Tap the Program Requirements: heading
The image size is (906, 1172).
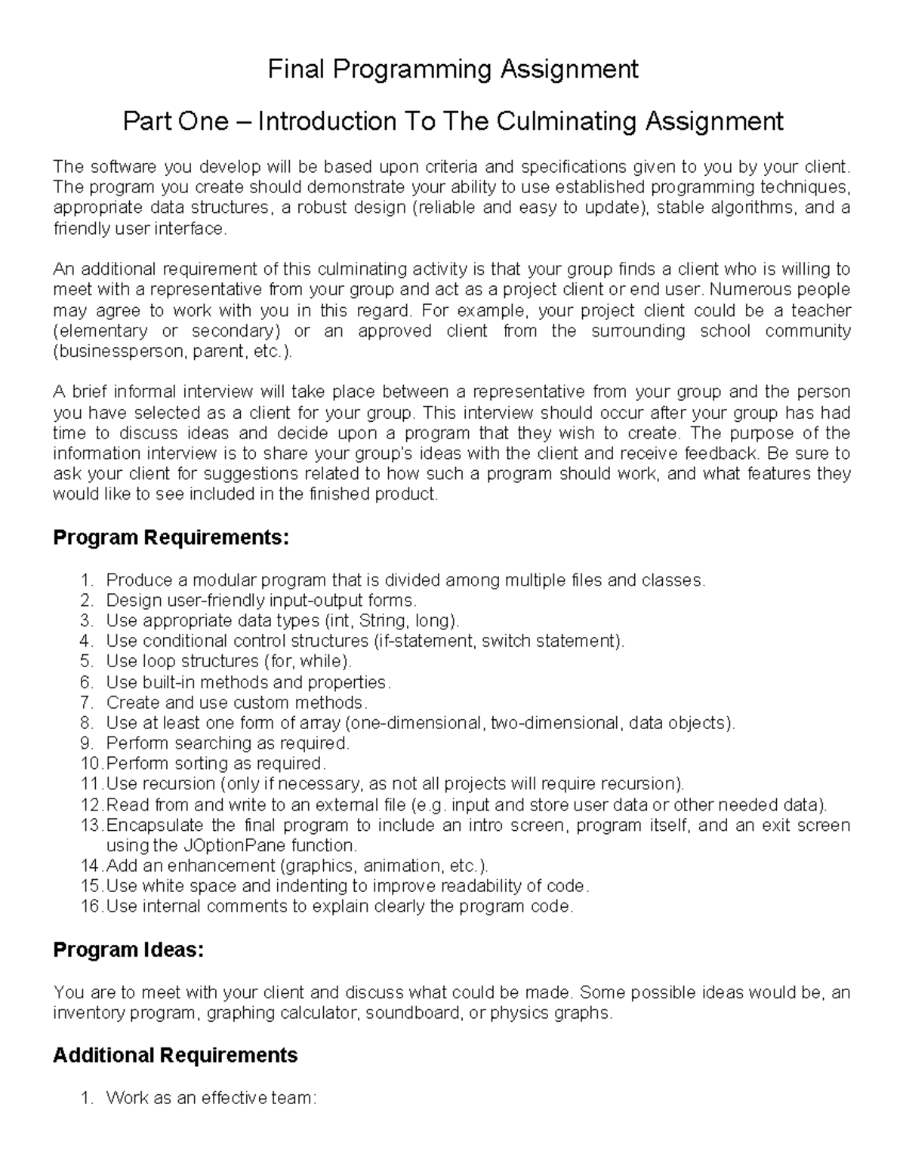171,538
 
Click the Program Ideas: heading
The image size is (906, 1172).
128,950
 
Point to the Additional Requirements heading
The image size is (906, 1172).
175,1055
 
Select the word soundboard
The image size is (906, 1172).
412,1013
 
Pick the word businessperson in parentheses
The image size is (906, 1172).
121,352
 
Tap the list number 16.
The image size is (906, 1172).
89,906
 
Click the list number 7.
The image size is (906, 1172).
86,703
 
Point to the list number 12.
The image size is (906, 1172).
89,804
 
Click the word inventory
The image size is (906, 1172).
89,1013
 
